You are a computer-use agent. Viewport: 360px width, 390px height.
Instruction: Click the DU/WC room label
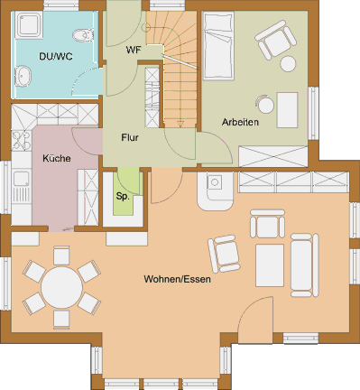click(x=56, y=56)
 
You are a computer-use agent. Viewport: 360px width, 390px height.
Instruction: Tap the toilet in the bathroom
click(x=83, y=35)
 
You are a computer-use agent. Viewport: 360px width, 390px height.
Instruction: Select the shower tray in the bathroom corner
click(x=30, y=25)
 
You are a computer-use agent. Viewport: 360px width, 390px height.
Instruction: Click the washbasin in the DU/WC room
click(x=23, y=76)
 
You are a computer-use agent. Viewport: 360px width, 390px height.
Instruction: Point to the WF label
click(x=134, y=50)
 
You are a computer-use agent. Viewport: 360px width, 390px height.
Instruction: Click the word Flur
click(x=130, y=137)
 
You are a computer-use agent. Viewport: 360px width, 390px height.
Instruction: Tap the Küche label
click(x=57, y=158)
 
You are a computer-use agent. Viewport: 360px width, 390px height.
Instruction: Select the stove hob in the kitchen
click(x=22, y=140)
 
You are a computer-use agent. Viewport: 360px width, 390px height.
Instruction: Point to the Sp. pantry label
click(x=123, y=197)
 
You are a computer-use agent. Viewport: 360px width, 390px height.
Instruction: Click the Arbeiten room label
click(x=240, y=122)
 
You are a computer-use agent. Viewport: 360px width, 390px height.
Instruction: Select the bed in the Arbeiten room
click(x=218, y=46)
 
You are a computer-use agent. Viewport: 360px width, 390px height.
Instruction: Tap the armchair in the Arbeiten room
click(x=275, y=39)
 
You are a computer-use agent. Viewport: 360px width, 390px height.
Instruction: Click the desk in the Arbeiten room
click(x=287, y=110)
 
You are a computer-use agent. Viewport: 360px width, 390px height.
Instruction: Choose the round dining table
click(x=62, y=287)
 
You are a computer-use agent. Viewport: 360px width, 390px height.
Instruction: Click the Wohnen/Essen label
click(x=177, y=279)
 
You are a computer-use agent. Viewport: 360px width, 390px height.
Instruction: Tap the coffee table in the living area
click(x=270, y=265)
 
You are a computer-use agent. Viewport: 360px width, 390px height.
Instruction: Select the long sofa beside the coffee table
click(x=304, y=265)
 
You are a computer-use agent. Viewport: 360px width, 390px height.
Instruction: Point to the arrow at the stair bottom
click(x=180, y=124)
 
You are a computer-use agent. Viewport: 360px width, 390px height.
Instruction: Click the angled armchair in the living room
click(x=225, y=254)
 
